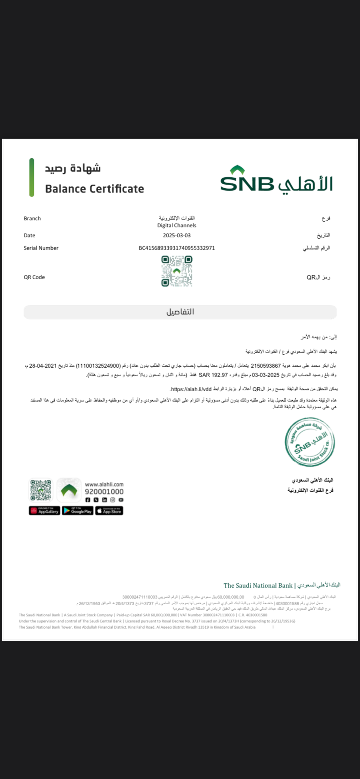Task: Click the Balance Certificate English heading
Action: click(94, 189)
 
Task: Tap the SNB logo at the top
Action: click(276, 179)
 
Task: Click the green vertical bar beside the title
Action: click(32, 177)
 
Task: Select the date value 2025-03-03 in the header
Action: click(177, 235)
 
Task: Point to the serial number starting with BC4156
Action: click(177, 248)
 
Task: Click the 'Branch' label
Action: click(32, 218)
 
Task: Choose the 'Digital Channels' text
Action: click(177, 225)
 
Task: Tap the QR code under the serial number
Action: click(177, 271)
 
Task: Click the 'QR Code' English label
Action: click(34, 277)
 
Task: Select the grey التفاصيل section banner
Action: click(180, 312)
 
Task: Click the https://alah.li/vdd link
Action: click(191, 389)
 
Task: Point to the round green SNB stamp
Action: click(310, 442)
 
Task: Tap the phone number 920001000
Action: click(104, 492)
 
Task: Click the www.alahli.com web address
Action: click(104, 484)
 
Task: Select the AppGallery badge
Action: click(44, 511)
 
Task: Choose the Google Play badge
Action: click(77, 511)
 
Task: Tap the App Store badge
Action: click(110, 511)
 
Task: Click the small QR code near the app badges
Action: click(40, 490)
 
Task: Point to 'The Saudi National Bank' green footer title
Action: click(258, 585)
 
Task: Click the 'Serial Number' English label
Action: click(41, 248)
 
